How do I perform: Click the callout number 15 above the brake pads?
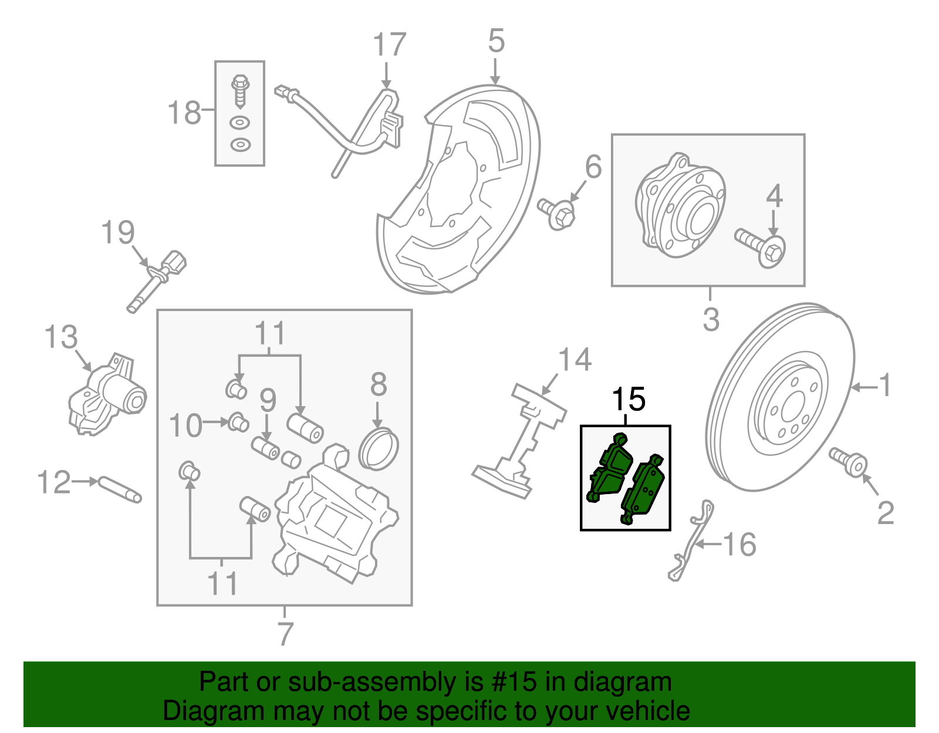629,400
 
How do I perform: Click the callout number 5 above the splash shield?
496,41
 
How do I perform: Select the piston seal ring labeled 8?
379,449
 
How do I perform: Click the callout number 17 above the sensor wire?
389,45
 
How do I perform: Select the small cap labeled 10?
238,421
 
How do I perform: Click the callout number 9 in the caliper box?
268,400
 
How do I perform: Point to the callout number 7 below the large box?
285,633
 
